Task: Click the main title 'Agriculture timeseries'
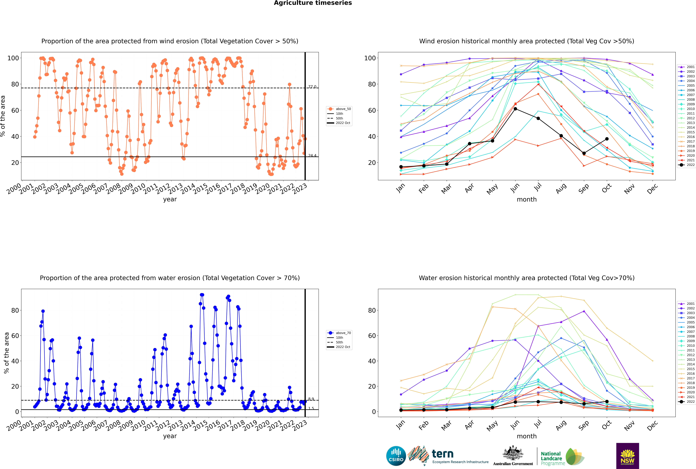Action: [313, 3]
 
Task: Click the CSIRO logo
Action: [396, 456]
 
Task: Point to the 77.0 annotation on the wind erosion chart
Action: [312, 87]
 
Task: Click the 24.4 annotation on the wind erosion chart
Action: [312, 156]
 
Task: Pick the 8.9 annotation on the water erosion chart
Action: [311, 399]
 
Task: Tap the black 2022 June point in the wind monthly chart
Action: [515, 109]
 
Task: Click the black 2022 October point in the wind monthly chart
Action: [607, 139]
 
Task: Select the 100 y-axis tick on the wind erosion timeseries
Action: [13, 58]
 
